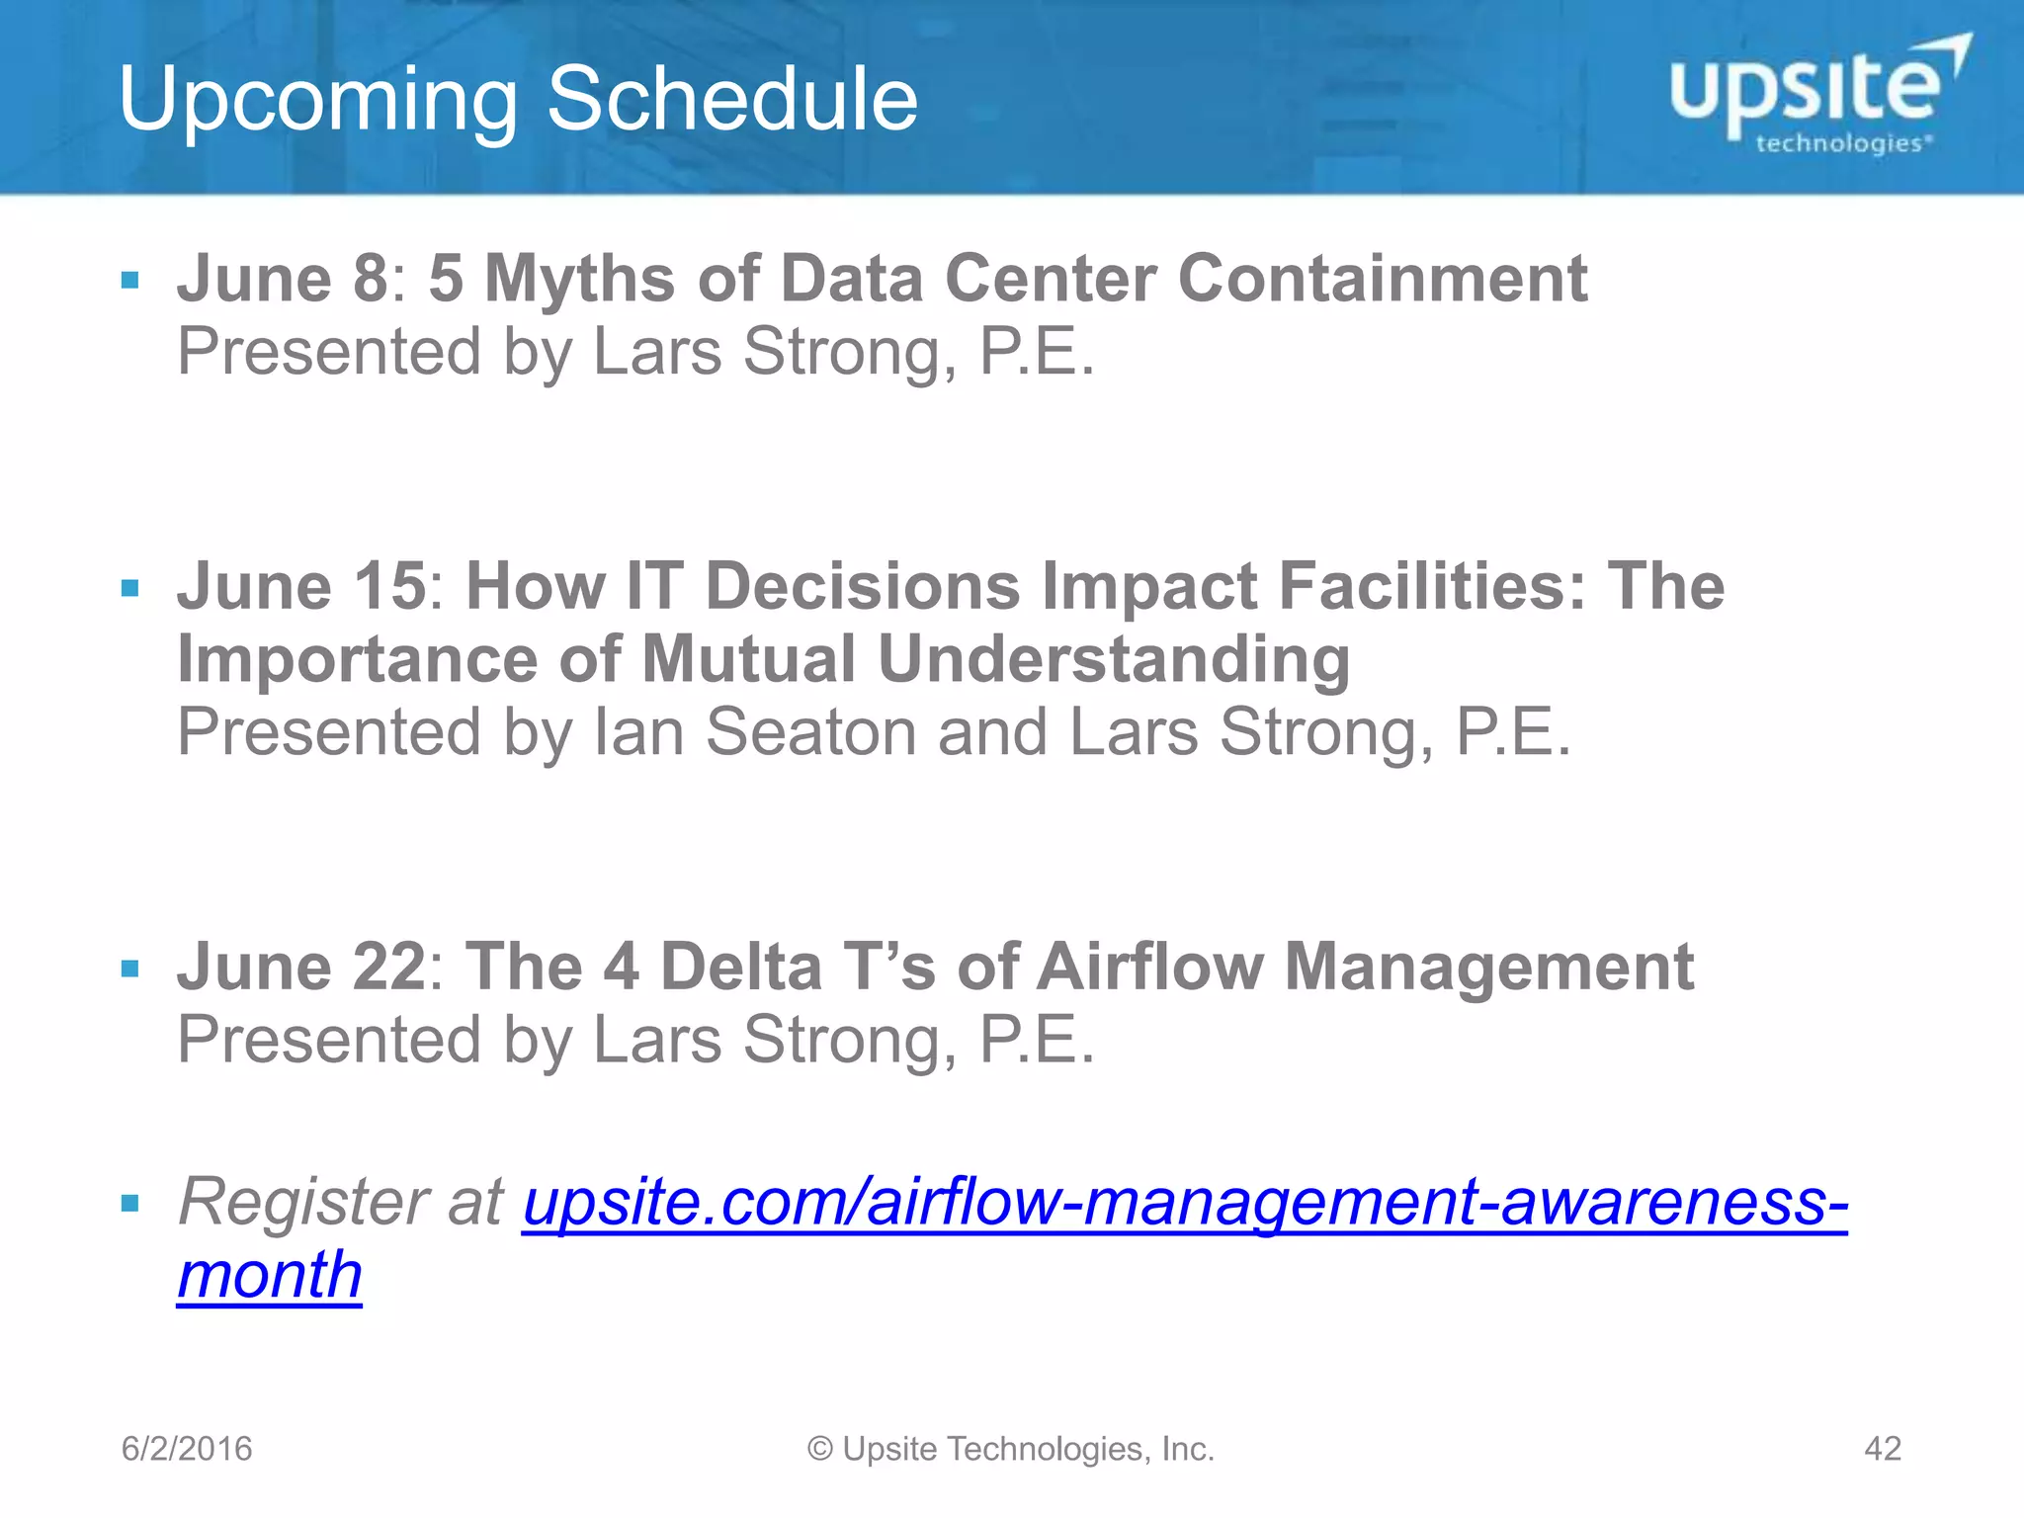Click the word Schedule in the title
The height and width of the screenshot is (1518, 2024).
(x=732, y=99)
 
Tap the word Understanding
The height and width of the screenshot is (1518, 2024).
(x=1114, y=659)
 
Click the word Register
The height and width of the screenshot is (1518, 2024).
(x=302, y=1203)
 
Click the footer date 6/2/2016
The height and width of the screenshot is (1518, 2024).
(x=187, y=1449)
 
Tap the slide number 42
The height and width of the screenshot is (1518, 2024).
(x=1882, y=1449)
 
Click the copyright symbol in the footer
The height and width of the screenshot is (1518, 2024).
(x=820, y=1449)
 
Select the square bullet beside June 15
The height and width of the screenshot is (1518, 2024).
(x=129, y=589)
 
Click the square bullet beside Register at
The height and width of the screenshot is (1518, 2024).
(x=129, y=1204)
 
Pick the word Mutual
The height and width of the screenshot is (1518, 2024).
(x=748, y=659)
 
